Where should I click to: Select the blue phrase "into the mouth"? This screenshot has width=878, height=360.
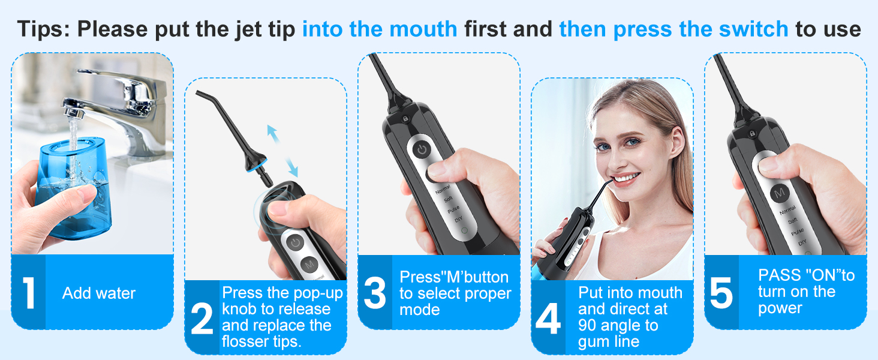(379, 29)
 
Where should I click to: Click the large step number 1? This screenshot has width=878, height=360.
(28, 293)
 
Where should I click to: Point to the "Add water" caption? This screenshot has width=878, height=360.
(99, 293)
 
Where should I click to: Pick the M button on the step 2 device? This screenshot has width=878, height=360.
(309, 264)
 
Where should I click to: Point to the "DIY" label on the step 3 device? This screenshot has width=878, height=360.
(459, 220)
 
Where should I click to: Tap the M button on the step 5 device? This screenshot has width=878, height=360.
(779, 193)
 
